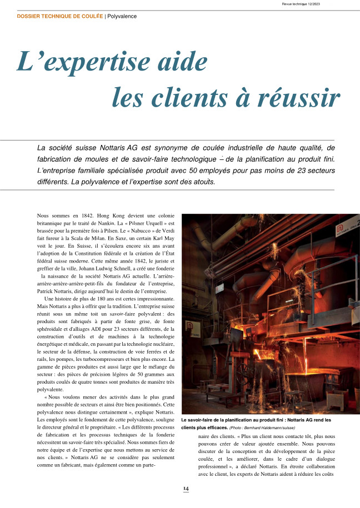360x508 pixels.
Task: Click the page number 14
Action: [187, 489]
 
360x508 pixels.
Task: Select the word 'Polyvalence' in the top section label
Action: [122, 16]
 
